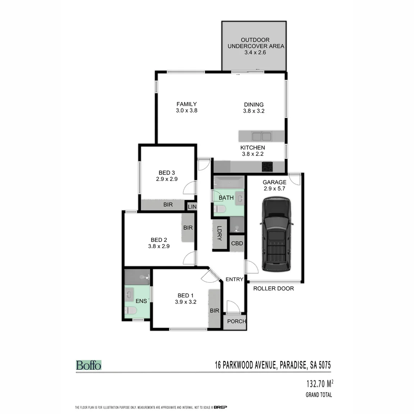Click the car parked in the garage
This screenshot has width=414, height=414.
(x=276, y=234)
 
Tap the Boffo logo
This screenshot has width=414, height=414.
(x=89, y=365)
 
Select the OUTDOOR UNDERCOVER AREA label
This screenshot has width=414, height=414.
(x=256, y=43)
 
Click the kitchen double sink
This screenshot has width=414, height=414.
(x=261, y=136)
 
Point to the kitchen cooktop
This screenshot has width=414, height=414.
(x=267, y=167)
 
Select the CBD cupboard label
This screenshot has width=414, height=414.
(x=237, y=243)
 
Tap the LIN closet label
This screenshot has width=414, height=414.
(x=192, y=207)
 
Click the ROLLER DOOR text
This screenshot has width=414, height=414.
(x=273, y=288)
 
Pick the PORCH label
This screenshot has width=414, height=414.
(x=236, y=321)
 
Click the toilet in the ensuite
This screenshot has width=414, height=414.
(x=130, y=311)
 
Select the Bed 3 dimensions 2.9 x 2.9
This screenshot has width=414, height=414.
(x=167, y=179)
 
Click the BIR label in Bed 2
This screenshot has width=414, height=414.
(x=188, y=228)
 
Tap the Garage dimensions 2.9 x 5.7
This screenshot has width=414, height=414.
(x=274, y=188)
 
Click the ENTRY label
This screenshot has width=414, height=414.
(x=234, y=279)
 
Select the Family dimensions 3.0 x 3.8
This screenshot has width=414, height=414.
(x=186, y=110)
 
